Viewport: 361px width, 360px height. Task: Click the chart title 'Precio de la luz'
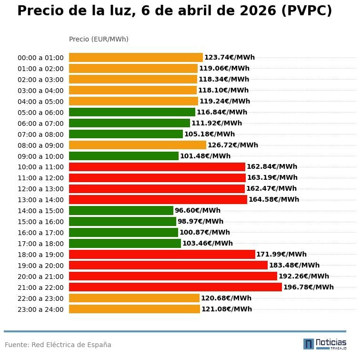pos(174,11)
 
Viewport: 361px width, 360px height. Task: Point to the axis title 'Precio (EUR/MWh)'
pos(99,39)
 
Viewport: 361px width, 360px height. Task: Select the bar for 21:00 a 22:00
pos(175,287)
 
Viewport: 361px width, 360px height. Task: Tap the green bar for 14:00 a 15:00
pos(121,210)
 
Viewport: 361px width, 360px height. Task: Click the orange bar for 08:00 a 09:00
pos(137,145)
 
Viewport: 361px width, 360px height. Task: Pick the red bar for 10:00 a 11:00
pos(157,167)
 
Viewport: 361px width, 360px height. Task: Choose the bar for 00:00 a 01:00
pos(136,58)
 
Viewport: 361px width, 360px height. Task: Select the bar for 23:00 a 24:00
pos(134,309)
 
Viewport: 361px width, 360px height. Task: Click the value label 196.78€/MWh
pos(308,287)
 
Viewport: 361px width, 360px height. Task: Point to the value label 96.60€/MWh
pos(197,210)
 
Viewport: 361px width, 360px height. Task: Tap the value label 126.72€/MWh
pos(232,145)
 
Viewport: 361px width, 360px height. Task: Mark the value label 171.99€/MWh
pos(281,254)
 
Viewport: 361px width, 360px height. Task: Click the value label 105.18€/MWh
pos(209,134)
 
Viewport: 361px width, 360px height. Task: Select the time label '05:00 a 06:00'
pos(40,113)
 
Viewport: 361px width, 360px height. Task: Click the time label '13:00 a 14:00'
pos(40,200)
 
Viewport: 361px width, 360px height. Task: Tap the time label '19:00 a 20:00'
pos(40,266)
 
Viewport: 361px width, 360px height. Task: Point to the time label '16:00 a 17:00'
pos(40,233)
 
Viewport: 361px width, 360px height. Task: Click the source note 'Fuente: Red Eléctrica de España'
pos(58,345)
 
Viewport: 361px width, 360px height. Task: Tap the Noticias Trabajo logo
pos(324,344)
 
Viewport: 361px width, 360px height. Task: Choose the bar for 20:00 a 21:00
pos(173,276)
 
